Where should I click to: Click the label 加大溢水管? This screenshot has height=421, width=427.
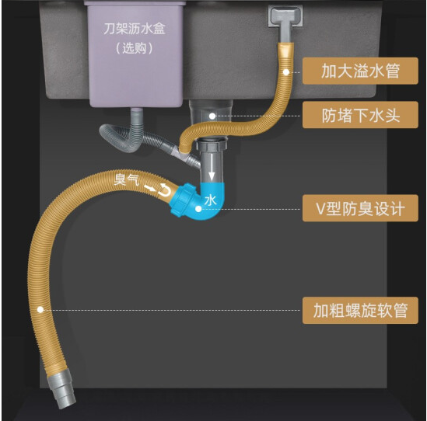[x=360, y=71]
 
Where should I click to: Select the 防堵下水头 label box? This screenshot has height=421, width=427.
[x=360, y=115]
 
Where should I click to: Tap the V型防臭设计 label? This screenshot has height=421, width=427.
[x=360, y=208]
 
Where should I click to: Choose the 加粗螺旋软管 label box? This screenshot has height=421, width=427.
[x=360, y=310]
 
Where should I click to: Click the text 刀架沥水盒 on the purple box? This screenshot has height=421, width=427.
[x=135, y=29]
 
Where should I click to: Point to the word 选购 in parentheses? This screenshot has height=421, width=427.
[x=134, y=48]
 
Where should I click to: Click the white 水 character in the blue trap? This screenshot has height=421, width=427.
[x=211, y=200]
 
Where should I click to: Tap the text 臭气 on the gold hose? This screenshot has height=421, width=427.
[x=126, y=179]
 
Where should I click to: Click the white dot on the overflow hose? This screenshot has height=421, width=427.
[x=286, y=72]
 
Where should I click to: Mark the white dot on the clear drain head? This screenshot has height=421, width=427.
[x=212, y=117]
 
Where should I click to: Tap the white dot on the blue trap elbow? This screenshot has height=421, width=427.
[x=198, y=209]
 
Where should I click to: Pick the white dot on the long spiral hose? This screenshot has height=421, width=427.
[x=40, y=309]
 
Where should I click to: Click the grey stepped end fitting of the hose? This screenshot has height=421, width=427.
[x=61, y=389]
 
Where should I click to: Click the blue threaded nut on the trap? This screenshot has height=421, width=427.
[x=180, y=200]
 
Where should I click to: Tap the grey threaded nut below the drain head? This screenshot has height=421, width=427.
[x=212, y=144]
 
